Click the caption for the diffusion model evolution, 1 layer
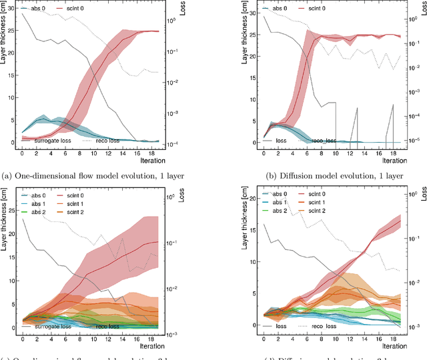tap(323, 176)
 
